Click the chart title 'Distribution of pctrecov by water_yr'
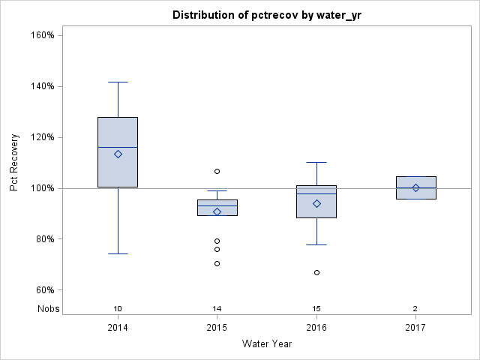266,15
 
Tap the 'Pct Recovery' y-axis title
14,163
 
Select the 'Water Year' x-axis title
266,343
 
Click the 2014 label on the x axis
118,328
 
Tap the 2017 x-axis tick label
415,328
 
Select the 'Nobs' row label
48,309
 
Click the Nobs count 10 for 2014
118,309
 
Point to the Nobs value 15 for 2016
316,309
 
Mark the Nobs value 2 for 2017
415,309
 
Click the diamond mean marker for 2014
118,154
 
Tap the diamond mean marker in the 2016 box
316,203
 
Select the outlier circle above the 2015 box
217,171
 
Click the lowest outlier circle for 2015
217,263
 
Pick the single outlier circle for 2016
316,272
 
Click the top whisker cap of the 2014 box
118,82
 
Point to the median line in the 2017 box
415,187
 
